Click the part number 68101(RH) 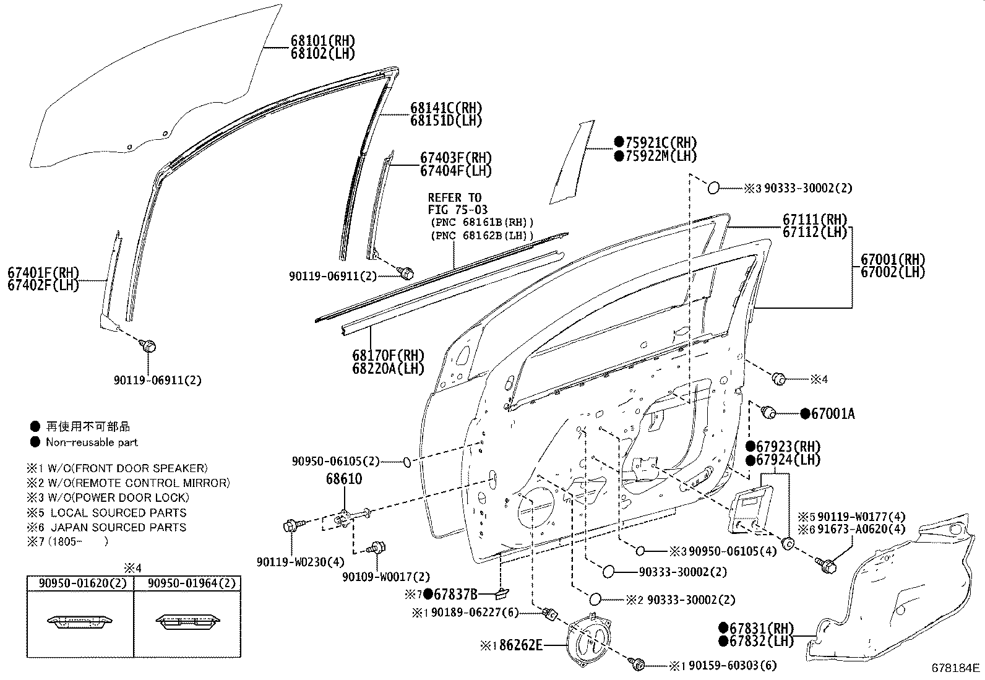322,41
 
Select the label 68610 344,479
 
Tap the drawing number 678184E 956,668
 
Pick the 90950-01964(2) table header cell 187,583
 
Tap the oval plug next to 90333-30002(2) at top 713,187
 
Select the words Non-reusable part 92,442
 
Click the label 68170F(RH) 388,355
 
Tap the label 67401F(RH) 43,272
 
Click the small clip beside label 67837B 499,595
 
